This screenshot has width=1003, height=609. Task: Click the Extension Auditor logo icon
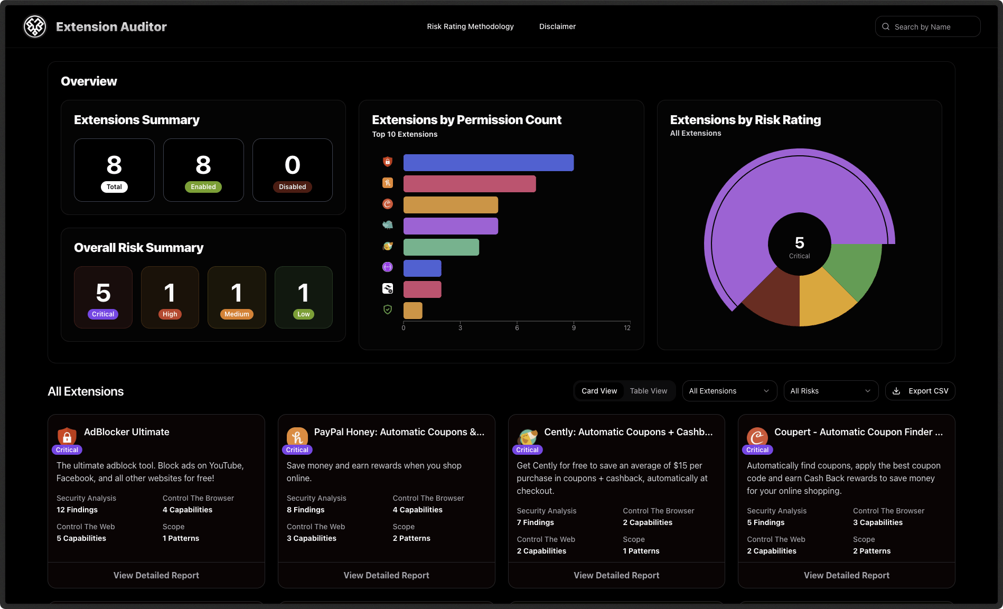[35, 26]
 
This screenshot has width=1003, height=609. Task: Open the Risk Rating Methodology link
[470, 26]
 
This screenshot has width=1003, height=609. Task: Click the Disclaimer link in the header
[557, 26]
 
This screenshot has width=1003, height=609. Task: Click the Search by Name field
[932, 27]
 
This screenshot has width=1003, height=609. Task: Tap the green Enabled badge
[203, 187]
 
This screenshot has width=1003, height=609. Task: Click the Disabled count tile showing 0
[292, 170]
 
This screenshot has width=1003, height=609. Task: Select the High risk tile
[170, 297]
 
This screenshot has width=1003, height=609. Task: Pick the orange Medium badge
[237, 314]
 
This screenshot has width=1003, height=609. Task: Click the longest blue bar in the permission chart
[488, 163]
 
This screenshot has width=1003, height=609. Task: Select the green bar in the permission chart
[441, 247]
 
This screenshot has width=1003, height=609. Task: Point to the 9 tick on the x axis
[574, 328]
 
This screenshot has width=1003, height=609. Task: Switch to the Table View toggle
[648, 391]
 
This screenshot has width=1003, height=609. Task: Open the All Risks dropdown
[830, 391]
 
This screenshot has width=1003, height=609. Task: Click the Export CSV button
[920, 391]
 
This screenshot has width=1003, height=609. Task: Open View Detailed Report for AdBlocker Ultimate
[156, 575]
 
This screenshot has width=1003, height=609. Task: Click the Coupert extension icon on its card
[757, 436]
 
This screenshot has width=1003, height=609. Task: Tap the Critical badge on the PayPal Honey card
[297, 450]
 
